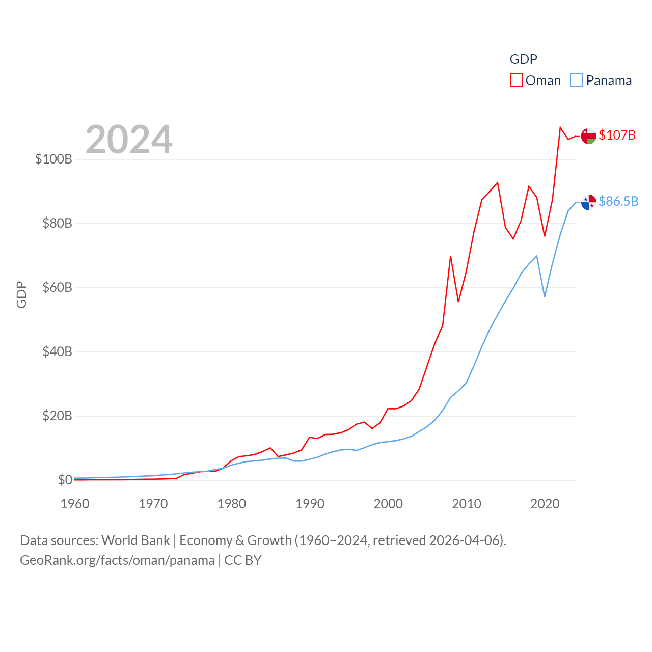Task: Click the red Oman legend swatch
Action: coord(516,80)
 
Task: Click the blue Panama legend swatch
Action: coord(576,80)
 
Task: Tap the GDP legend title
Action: coord(523,59)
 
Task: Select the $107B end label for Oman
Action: coord(617,135)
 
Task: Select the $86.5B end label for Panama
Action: coord(618,201)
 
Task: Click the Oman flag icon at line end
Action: coord(588,136)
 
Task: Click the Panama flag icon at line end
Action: coord(588,202)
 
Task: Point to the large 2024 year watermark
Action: coord(129,140)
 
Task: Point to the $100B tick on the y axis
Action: coord(53,159)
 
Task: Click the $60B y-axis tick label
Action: coord(57,287)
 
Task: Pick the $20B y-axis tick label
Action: coord(57,416)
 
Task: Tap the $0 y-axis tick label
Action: coord(65,480)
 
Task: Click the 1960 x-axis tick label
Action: coord(75,504)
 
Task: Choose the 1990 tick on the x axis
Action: coord(310,504)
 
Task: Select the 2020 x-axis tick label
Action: coord(545,504)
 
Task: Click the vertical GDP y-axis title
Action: coord(21,294)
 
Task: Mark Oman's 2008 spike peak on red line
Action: coord(450,257)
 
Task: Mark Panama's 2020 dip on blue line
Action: coord(545,296)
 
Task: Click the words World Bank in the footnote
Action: coord(135,540)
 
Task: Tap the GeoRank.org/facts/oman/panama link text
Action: coord(117,560)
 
